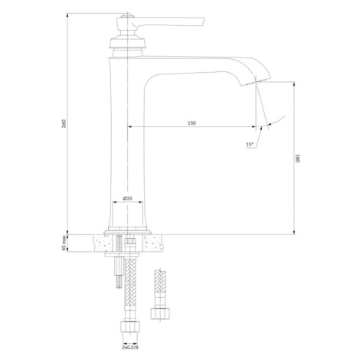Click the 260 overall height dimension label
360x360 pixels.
pos(64,123)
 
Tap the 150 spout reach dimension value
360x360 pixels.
pos(191,123)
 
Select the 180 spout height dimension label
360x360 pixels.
pos(297,159)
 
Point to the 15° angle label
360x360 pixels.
pos(250,144)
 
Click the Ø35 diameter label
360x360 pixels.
pos(127,198)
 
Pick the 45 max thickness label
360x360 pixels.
pos(64,243)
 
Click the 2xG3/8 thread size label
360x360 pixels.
pos(130,347)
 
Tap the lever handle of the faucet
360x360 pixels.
pos(169,22)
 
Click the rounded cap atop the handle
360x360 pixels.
pos(127,15)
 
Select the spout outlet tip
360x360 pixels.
pos(256,81)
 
